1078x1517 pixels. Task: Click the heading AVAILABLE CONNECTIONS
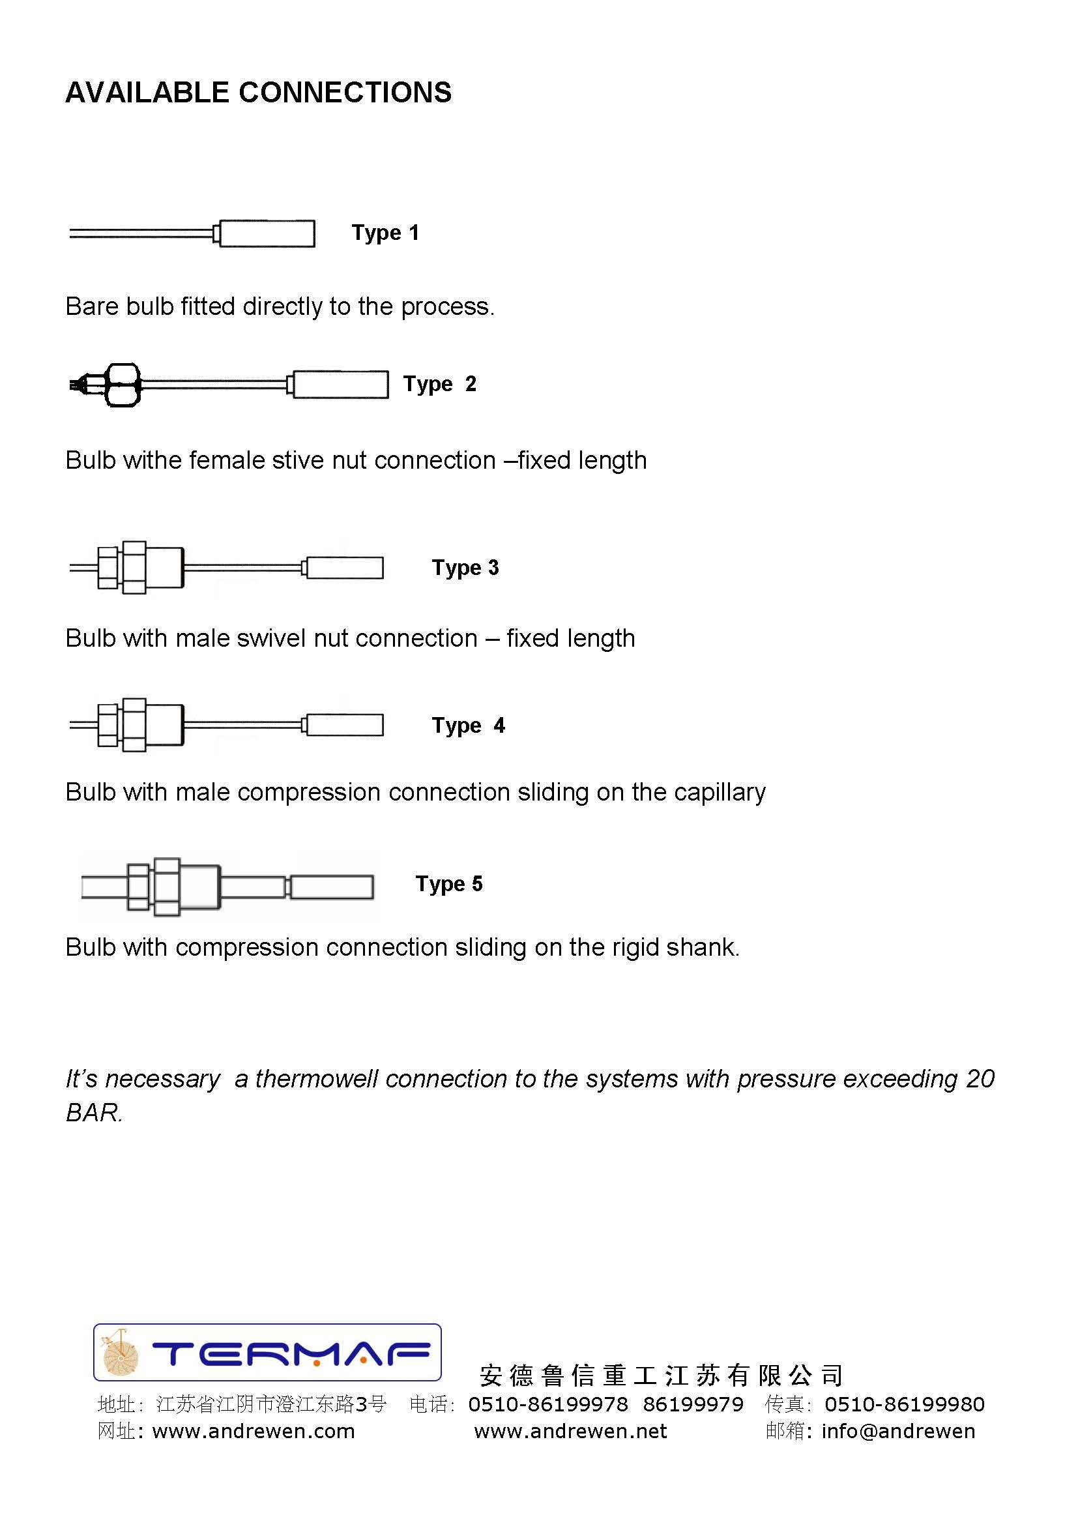coord(258,93)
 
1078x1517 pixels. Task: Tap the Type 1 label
coord(385,233)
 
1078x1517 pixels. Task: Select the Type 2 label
coord(439,384)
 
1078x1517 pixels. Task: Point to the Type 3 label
coord(465,568)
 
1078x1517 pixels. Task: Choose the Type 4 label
coord(468,725)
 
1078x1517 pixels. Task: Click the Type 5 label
coord(448,883)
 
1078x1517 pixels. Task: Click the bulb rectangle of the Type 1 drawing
coord(267,233)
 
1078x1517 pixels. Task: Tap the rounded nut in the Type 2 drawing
coord(123,385)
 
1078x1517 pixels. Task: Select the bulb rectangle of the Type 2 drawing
coord(340,385)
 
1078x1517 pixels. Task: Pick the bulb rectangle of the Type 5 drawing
coord(332,887)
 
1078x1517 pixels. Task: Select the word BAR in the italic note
coord(93,1113)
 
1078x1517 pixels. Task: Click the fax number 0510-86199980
coord(904,1404)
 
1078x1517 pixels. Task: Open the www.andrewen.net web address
coord(570,1432)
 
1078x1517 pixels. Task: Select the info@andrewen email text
coord(898,1432)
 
